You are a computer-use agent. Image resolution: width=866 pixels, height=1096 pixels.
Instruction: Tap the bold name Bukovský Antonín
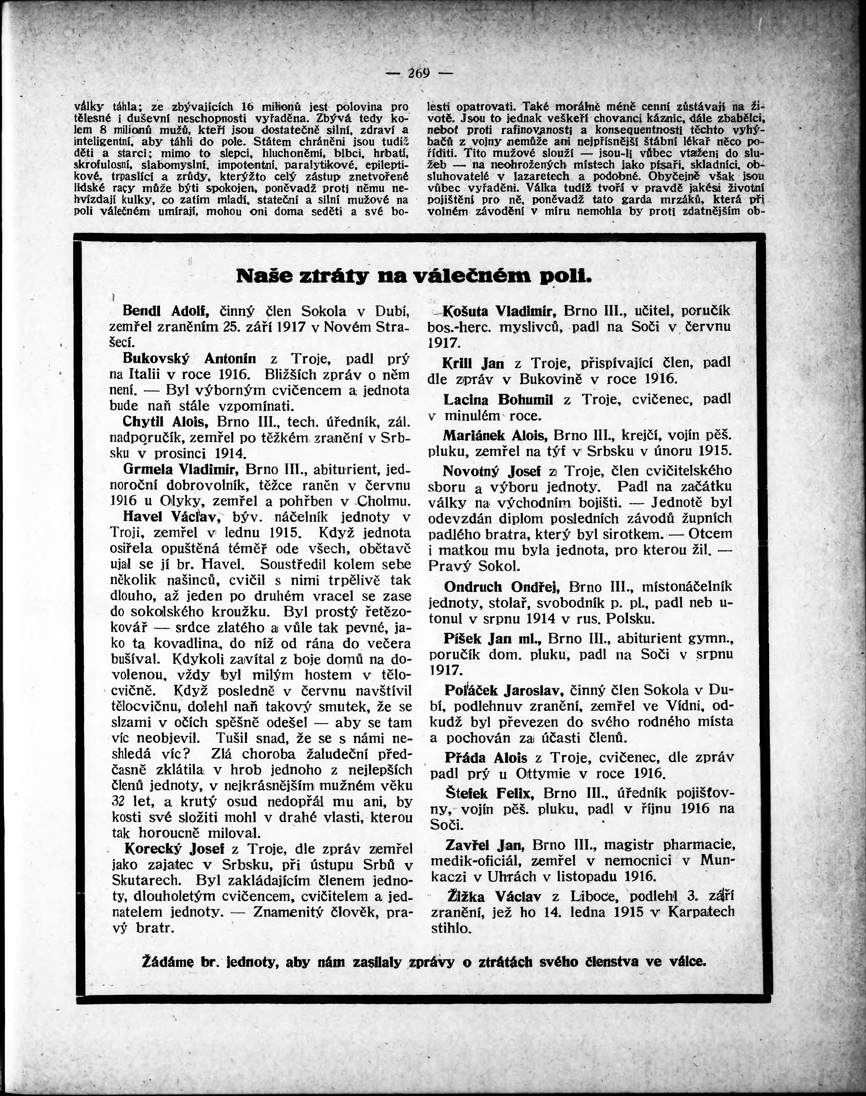click(x=189, y=359)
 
